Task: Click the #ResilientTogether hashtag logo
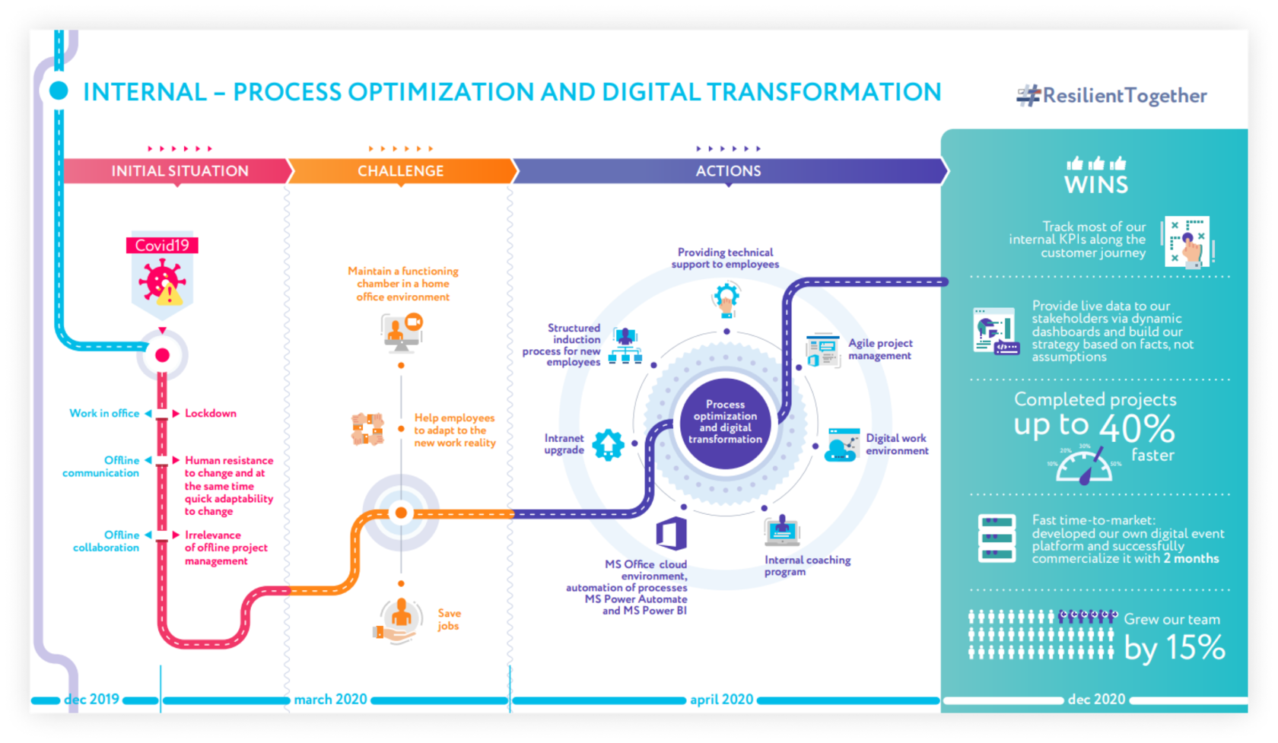point(1111,96)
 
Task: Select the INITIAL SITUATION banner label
point(180,171)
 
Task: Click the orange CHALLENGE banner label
point(400,171)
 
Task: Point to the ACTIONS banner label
point(728,171)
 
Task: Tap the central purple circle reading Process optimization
point(725,423)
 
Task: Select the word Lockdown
point(211,414)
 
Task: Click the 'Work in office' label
point(104,414)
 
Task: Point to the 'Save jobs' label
point(449,619)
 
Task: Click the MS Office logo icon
point(672,533)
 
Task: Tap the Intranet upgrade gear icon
point(608,445)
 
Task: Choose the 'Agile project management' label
point(879,349)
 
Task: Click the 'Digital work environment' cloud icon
point(841,445)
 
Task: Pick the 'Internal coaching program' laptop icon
point(782,530)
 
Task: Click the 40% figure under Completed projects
point(1137,429)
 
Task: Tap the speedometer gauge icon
point(1084,464)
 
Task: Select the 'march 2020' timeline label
point(330,699)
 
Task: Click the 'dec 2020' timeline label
point(1096,699)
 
